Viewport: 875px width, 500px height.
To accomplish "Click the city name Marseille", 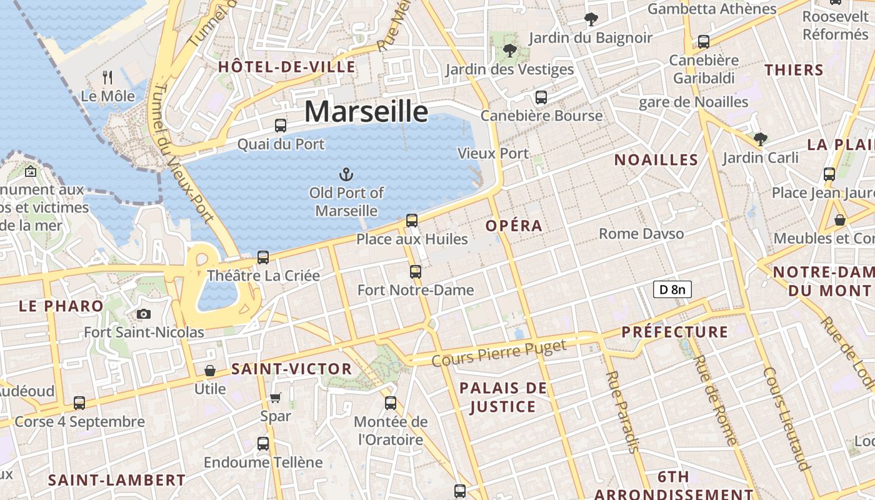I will (366, 112).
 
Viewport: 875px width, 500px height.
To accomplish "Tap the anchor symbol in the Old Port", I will (346, 174).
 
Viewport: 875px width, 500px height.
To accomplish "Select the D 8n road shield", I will (672, 289).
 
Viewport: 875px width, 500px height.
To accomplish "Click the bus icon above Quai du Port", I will (281, 125).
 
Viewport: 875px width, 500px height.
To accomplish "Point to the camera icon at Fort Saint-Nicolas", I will (144, 314).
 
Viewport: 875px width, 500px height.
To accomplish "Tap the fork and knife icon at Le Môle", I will (107, 77).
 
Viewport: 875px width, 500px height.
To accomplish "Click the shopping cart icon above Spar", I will (276, 397).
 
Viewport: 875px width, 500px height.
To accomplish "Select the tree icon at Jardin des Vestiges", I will (509, 51).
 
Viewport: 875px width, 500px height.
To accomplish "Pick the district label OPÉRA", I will (514, 226).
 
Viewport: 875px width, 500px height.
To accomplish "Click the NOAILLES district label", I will (656, 160).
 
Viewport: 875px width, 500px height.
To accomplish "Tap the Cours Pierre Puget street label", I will (499, 353).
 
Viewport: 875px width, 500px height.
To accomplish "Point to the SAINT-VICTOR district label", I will (291, 369).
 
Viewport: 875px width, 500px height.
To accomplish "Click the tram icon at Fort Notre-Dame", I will (416, 271).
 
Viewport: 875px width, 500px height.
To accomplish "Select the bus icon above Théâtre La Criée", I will (263, 257).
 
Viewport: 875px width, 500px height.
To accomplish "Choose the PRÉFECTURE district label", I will (675, 332).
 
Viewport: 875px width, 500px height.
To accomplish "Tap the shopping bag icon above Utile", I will (210, 371).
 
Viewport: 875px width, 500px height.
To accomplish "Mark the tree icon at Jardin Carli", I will (760, 139).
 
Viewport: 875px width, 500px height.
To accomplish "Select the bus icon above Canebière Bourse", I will (541, 97).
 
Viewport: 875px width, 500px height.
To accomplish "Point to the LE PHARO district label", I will (61, 306).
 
